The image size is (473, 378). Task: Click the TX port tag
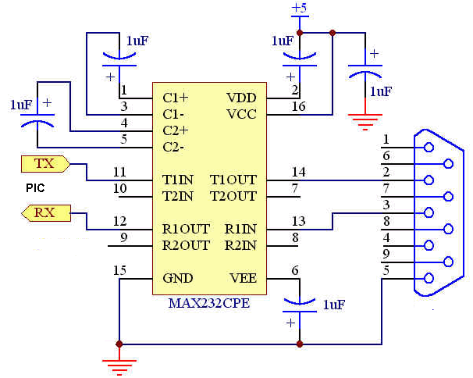click(x=45, y=164)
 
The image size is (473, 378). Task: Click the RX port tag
click(x=46, y=213)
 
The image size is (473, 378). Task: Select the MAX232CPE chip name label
click(x=209, y=303)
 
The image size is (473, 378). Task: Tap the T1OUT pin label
click(x=233, y=180)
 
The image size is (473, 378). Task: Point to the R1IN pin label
click(x=240, y=229)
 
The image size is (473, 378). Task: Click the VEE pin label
click(x=244, y=278)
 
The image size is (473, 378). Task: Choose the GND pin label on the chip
click(x=178, y=278)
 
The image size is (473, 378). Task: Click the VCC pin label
click(x=241, y=115)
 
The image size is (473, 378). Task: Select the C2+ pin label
click(x=176, y=130)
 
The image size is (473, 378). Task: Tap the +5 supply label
click(x=299, y=8)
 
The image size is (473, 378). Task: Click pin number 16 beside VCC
click(x=298, y=106)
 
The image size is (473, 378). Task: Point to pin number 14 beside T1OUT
click(x=298, y=172)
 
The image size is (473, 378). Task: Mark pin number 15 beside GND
click(x=119, y=270)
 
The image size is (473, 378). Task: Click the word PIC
click(x=35, y=188)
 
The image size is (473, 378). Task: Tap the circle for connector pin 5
click(x=429, y=278)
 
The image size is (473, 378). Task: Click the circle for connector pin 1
click(x=429, y=148)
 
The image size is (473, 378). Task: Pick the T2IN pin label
click(x=178, y=197)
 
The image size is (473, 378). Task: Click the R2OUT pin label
click(x=186, y=245)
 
